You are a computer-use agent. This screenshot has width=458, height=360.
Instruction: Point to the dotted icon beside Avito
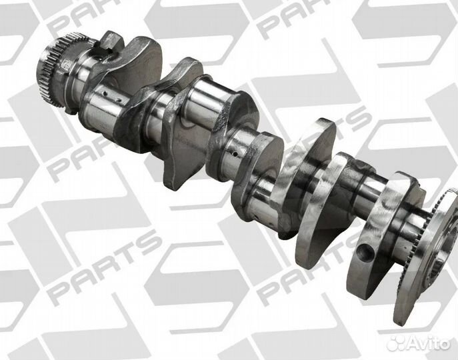click(396, 343)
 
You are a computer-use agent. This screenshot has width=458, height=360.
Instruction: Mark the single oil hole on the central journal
click(235, 153)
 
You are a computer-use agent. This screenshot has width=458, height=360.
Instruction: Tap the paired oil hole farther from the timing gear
click(119, 101)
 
